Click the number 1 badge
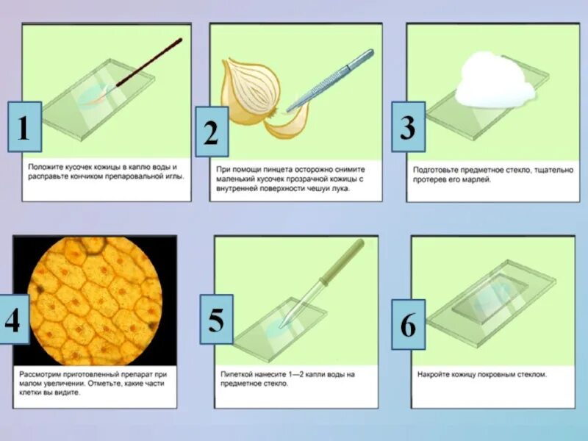pos(25,126)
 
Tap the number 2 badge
pos(212,132)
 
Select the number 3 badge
pos(409,126)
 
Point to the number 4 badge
pos(14,319)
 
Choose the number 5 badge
pos(216,320)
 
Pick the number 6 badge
pos(409,324)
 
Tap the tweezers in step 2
pos(330,80)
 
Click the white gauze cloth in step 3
pos(494,80)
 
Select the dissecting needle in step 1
pos(149,63)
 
